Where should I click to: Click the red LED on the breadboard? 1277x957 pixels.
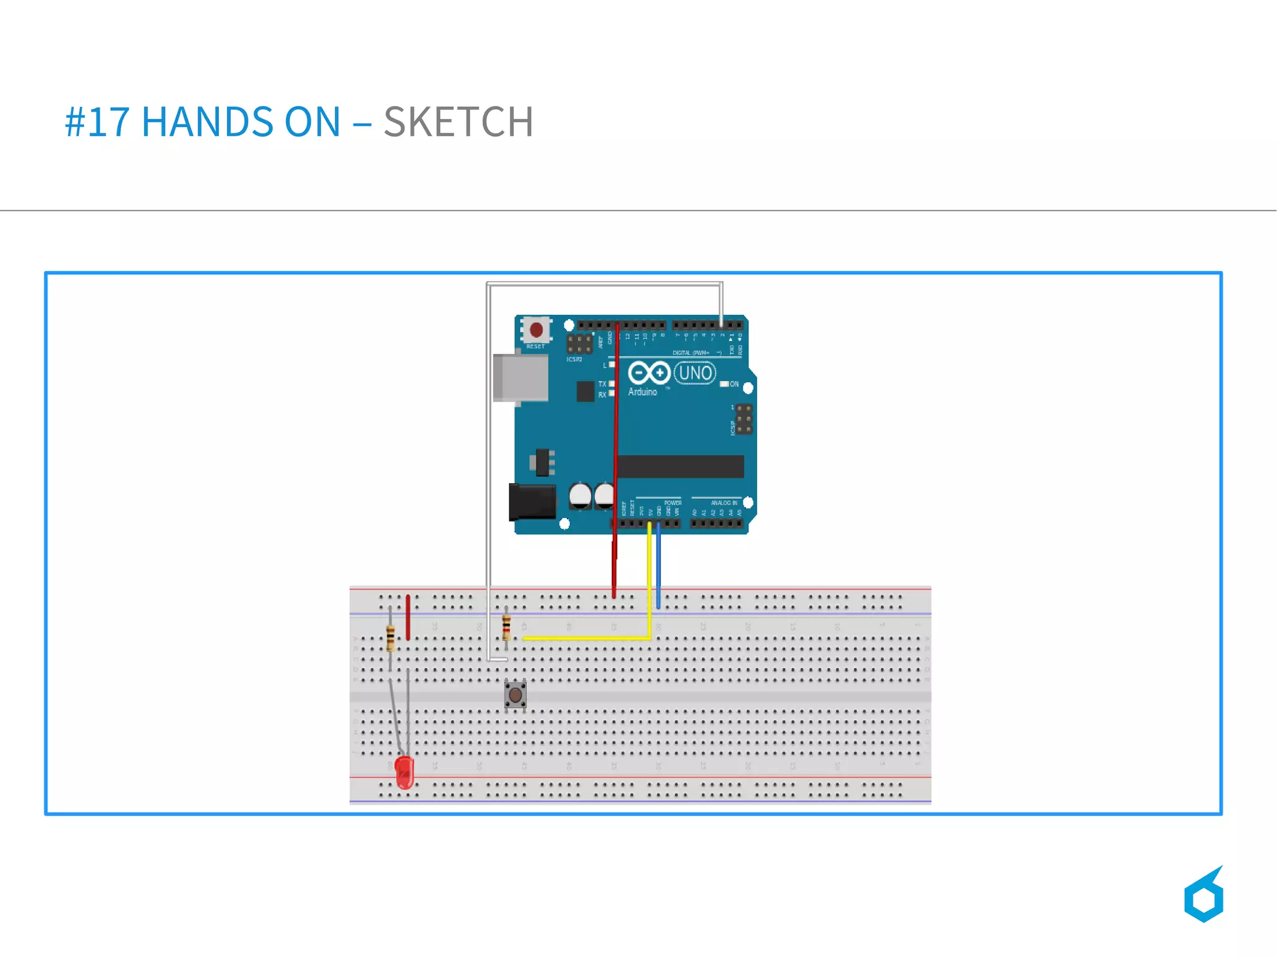coord(404,772)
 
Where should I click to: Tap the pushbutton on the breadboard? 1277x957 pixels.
coord(515,694)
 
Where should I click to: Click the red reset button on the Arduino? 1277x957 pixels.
coord(536,330)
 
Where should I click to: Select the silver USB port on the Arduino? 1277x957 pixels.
coord(521,378)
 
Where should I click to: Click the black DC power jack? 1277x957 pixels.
coord(532,501)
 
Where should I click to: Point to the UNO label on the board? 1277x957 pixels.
coord(695,373)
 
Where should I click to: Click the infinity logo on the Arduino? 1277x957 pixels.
coord(648,373)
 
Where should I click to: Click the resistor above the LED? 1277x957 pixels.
coord(390,637)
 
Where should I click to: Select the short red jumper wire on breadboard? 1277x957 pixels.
coord(408,617)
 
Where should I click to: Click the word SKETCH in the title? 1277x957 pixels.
coord(458,122)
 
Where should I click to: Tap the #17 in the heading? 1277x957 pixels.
coord(97,122)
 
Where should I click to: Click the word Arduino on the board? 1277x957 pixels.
coord(642,392)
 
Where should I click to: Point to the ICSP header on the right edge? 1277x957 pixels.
coord(743,419)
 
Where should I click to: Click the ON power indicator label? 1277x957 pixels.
coord(734,384)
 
